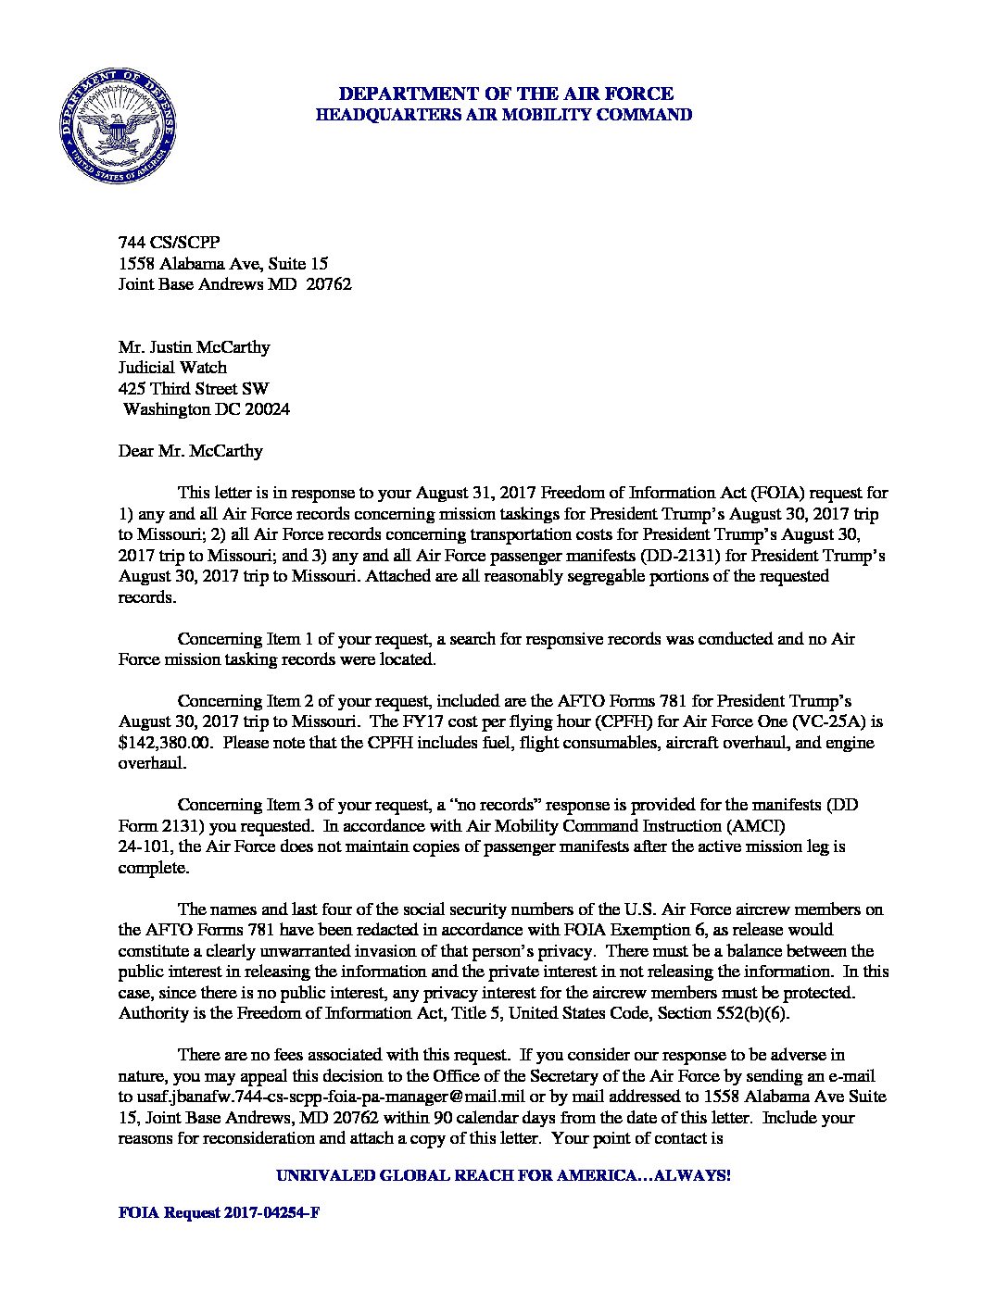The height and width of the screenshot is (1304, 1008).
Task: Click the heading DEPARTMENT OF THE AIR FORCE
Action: click(505, 94)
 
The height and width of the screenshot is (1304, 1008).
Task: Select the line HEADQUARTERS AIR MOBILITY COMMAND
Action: click(505, 115)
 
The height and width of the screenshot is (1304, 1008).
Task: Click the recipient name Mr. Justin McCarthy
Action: click(195, 347)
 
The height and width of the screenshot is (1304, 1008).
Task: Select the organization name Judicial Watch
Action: click(172, 368)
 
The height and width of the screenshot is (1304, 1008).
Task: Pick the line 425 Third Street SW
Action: click(195, 389)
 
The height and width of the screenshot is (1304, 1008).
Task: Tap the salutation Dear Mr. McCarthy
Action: click(191, 451)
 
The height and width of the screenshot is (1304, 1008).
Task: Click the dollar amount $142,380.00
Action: click(167, 743)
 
